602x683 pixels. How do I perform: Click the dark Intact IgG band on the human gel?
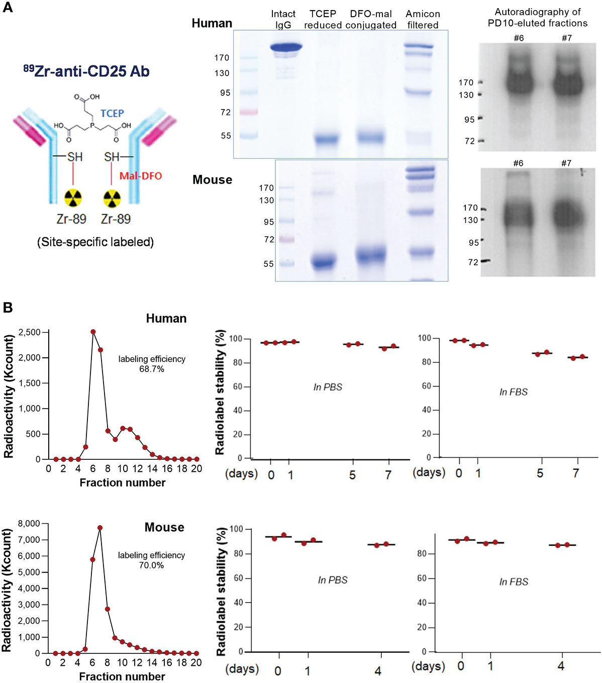(x=285, y=48)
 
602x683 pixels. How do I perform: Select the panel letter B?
(x=8, y=307)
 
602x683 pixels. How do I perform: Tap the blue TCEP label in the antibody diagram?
(x=112, y=113)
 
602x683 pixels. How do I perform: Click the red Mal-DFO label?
(x=140, y=176)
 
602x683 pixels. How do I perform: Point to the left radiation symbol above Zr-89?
(x=73, y=199)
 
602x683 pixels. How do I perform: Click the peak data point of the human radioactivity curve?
(x=93, y=332)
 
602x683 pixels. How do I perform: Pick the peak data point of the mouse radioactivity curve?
(x=100, y=528)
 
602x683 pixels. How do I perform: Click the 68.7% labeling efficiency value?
(x=151, y=369)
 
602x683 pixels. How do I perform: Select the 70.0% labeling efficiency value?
(x=151, y=565)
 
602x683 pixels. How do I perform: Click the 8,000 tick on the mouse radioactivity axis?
(x=29, y=523)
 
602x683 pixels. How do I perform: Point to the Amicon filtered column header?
(x=423, y=19)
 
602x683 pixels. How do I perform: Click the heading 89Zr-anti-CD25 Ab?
(x=86, y=71)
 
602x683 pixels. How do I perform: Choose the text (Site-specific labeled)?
(x=95, y=242)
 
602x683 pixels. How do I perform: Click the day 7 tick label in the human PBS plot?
(x=388, y=474)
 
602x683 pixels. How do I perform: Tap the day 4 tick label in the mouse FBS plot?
(x=561, y=666)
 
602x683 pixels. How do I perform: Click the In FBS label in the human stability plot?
(x=513, y=392)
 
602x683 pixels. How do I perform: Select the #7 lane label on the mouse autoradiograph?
(x=566, y=163)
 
